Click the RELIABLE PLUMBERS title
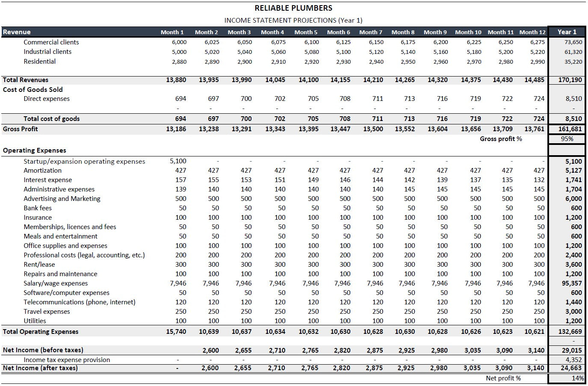click(x=293, y=8)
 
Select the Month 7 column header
click(x=371, y=32)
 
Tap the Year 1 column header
click(x=567, y=32)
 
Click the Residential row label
click(x=39, y=62)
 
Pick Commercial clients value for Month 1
click(x=179, y=42)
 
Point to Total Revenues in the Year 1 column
click(x=570, y=80)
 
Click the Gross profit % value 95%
click(x=567, y=139)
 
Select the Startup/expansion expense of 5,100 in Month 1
click(x=178, y=161)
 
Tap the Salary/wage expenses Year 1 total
click(x=572, y=283)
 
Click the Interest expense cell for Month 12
click(x=539, y=180)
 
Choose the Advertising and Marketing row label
click(x=62, y=199)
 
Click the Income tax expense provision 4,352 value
click(x=573, y=360)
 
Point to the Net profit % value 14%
click(x=578, y=378)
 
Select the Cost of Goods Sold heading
click(x=33, y=90)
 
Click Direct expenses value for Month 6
click(x=345, y=99)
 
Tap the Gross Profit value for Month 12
click(x=535, y=129)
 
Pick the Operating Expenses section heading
click(x=35, y=150)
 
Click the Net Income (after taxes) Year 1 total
click(x=571, y=368)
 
